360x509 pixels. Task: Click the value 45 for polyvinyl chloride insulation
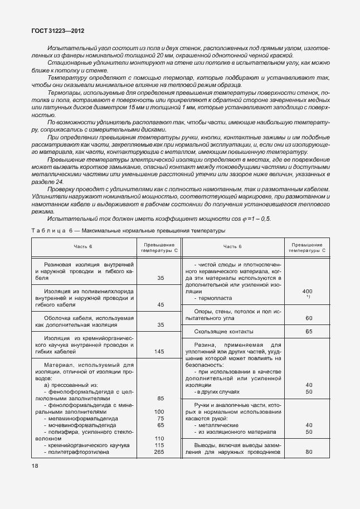coord(160,305)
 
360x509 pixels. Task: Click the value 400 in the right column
coord(307,292)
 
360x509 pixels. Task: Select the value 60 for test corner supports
coord(308,318)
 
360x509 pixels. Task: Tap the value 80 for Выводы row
coord(308,452)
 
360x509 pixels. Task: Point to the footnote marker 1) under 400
coord(308,297)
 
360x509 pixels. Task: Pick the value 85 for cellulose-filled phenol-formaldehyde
coord(160,399)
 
